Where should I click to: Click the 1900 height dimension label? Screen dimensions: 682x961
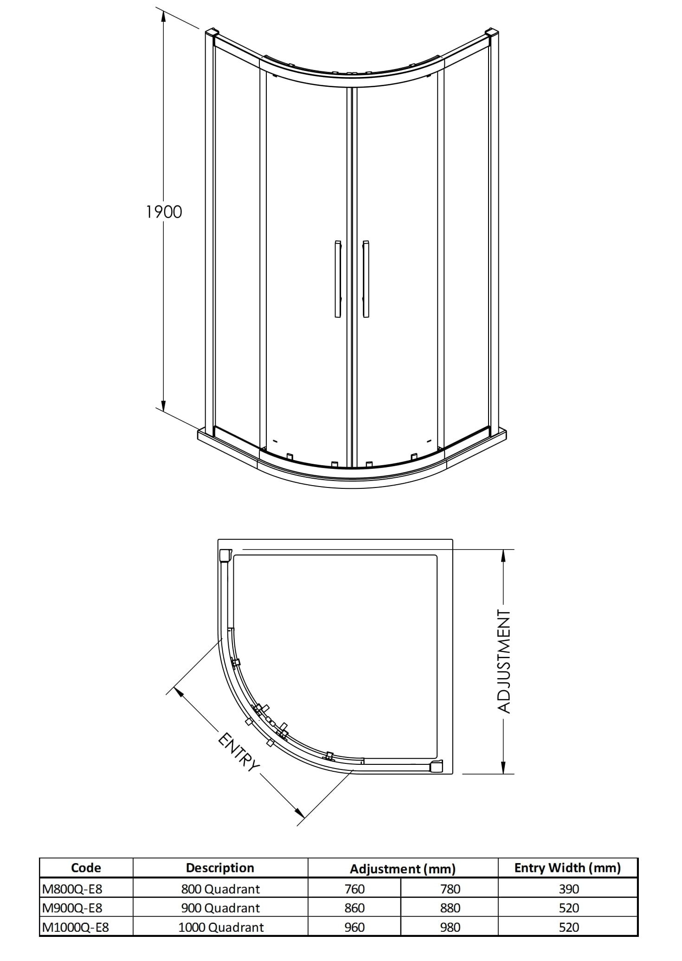[x=164, y=212]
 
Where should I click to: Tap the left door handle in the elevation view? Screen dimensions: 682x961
[x=338, y=279]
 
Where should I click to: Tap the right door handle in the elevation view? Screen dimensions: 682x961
[x=366, y=279]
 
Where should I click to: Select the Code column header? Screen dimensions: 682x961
[x=86, y=868]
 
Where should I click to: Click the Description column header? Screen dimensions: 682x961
[x=220, y=868]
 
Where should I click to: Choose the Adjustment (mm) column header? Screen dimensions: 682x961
[x=403, y=869]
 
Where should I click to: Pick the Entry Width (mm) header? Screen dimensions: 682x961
[x=567, y=868]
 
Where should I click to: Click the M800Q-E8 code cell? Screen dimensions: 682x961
[x=72, y=889]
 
